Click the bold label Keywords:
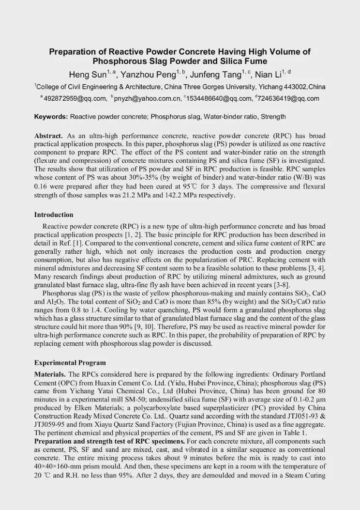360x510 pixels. [51, 117]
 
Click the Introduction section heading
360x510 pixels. [54, 215]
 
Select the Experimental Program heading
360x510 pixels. [70, 363]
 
